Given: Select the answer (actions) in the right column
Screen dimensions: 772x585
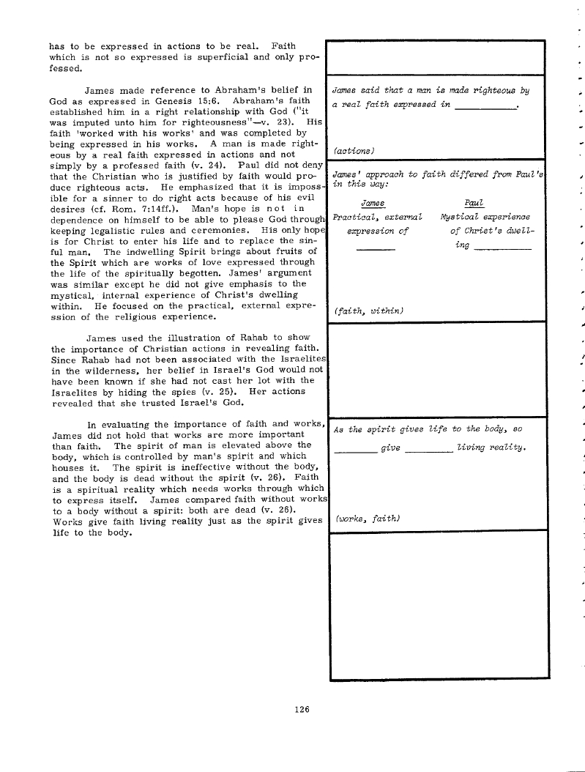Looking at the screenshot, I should (354, 150).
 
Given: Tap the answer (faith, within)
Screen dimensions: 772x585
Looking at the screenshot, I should (368, 311).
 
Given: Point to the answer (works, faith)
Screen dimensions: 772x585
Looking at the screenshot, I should (365, 519).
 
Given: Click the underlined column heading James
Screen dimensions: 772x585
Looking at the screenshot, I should (373, 203).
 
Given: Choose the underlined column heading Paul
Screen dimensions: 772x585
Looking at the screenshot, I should (474, 203).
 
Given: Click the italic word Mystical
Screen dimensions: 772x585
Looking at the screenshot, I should (463, 218).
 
